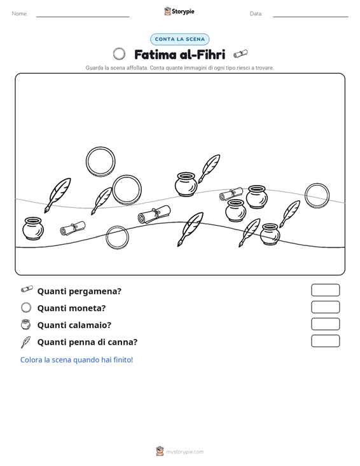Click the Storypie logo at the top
[179, 11]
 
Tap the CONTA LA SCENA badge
[179, 39]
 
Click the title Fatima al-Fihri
[179, 55]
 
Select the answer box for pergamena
[325, 290]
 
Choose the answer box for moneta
[325, 307]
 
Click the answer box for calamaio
[325, 324]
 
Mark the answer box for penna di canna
[325, 341]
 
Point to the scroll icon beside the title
[240, 54]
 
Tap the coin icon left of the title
[119, 54]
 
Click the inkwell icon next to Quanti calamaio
[26, 324]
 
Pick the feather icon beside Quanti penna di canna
[26, 342]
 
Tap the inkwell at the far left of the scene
[33, 228]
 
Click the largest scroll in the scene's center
[155, 215]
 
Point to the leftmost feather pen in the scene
[58, 195]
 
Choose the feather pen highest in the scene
[209, 168]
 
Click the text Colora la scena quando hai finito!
[76, 360]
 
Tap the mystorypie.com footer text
[184, 452]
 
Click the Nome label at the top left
[20, 14]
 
